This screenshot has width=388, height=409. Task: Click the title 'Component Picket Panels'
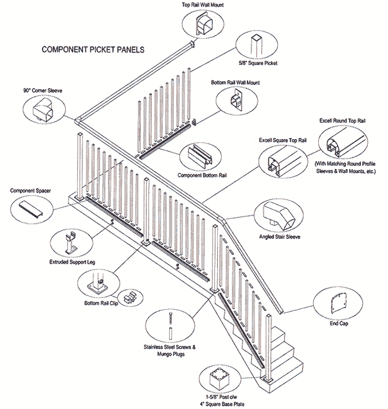pos(93,49)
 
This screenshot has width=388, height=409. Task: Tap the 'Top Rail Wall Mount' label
pos(202,4)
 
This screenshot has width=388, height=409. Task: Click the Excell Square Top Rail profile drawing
pos(278,162)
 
